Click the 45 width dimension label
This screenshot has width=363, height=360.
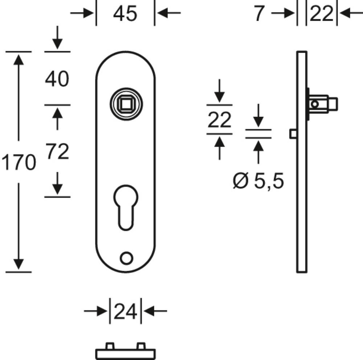coord(125,14)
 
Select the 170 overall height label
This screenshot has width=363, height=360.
coord(19,162)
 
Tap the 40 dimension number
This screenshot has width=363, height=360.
coord(57,79)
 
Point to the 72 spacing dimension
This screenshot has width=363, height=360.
coord(57,151)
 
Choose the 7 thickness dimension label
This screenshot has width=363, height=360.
coord(259,13)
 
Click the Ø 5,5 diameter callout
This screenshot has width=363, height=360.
coord(258,181)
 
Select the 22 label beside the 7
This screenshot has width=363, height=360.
coord(322,14)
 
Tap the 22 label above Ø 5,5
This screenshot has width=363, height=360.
coord(220,120)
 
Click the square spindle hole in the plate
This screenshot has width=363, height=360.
coord(126,104)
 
